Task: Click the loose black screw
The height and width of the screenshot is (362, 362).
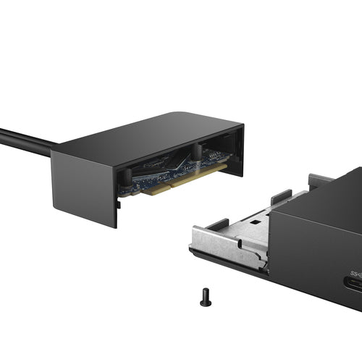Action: (x=206, y=297)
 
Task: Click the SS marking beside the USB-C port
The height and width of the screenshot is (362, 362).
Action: (x=355, y=274)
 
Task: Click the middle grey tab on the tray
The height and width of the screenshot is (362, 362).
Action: (x=281, y=196)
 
